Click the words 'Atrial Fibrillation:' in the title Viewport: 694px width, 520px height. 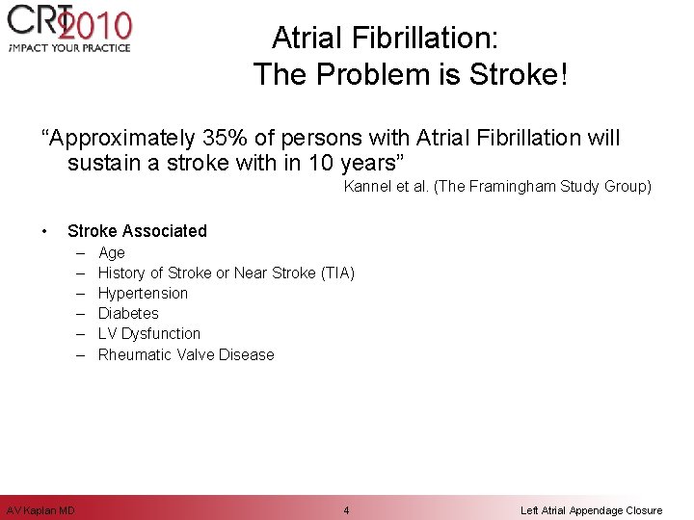(385, 39)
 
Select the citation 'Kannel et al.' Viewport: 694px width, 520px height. (387, 187)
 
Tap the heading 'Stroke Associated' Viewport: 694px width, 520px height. (137, 231)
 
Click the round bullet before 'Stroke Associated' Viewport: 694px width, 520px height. (45, 231)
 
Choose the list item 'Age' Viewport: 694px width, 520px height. (112, 253)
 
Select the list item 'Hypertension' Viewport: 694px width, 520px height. (143, 294)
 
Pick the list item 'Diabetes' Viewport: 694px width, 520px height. (128, 314)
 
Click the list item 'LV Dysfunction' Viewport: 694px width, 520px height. (149, 334)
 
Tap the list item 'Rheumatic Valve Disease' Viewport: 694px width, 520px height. (186, 355)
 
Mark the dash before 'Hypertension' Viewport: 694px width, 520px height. (77, 294)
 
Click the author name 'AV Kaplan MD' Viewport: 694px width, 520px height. (40, 509)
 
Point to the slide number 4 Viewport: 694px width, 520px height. (346, 509)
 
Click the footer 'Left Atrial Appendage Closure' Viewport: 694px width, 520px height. (591, 509)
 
